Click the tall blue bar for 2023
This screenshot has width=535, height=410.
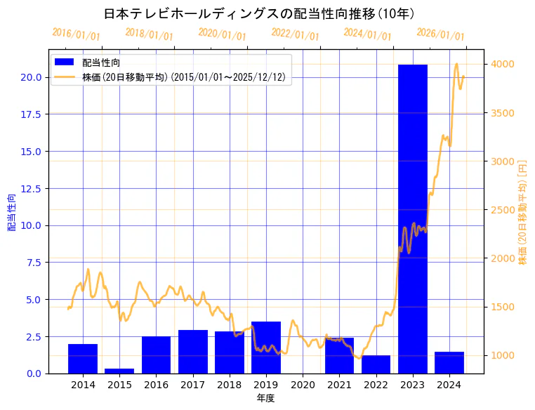(x=412, y=218)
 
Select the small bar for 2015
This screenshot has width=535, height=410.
(x=119, y=370)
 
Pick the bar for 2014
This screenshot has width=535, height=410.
(x=83, y=358)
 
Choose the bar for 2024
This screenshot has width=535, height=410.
(x=449, y=362)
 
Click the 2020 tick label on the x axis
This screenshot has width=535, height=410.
(x=303, y=385)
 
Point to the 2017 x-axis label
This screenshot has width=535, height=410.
(x=192, y=385)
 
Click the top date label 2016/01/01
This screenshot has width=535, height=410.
(x=76, y=34)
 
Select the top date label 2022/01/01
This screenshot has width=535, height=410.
(x=295, y=34)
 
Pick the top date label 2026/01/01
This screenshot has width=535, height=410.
(x=440, y=34)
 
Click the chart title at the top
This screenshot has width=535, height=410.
(x=259, y=14)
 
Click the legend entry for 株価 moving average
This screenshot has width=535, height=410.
(x=183, y=77)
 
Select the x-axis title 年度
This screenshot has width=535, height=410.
(x=265, y=398)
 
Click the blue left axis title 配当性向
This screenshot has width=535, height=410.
(x=12, y=212)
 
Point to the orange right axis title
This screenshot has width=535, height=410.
(x=522, y=212)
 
